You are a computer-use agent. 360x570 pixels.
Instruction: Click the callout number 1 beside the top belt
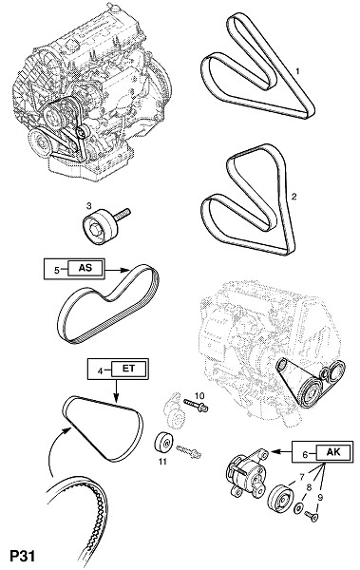[x=297, y=71]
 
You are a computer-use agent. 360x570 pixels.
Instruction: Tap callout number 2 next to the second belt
[x=294, y=197]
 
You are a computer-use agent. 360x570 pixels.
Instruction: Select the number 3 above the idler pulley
[x=88, y=206]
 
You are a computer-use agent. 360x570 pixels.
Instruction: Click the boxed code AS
[x=85, y=268]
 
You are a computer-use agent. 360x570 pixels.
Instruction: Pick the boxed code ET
[x=128, y=369]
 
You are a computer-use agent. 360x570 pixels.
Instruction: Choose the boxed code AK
[x=333, y=451]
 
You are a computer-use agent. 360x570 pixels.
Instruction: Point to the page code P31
[x=23, y=557]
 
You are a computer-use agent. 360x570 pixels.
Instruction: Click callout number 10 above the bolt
[x=199, y=395]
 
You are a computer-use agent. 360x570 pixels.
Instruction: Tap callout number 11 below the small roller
[x=162, y=462]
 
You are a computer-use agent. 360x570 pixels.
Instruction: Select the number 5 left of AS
[x=57, y=270]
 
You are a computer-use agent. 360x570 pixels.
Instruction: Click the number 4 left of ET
[x=100, y=370]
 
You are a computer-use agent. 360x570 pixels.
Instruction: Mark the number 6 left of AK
[x=306, y=453]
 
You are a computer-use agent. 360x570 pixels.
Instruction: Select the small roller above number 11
[x=164, y=443]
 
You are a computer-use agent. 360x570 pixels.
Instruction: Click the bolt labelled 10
[x=196, y=406]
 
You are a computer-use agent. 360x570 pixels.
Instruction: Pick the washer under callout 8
[x=299, y=507]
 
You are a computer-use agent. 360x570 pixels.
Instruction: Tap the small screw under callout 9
[x=312, y=516]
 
